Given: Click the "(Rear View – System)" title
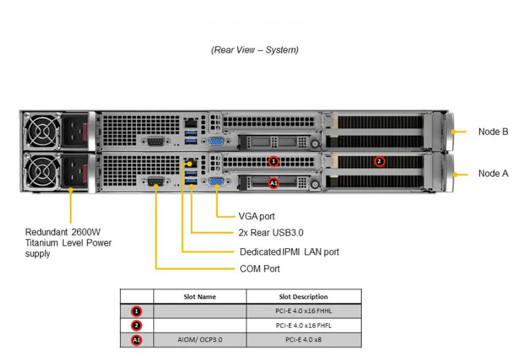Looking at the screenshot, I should [254, 50].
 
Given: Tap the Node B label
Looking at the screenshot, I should [493, 131].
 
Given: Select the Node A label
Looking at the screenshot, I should [493, 174].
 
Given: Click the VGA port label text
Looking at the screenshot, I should [257, 216].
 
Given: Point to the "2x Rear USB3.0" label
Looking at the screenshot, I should [271, 233].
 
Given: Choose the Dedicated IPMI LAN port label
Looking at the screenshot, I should [289, 252].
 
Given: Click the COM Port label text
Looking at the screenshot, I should [260, 269].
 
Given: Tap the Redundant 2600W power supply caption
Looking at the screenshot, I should [68, 242].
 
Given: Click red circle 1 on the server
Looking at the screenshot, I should [274, 161].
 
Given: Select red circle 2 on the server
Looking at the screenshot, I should [379, 161].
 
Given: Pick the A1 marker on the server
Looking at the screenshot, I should [274, 183].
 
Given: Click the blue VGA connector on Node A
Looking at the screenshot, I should [216, 184].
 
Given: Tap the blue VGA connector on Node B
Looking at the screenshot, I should [216, 142].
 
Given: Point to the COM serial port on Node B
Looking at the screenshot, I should [156, 141].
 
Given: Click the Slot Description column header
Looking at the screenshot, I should [303, 297].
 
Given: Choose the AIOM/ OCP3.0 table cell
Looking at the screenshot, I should [199, 340].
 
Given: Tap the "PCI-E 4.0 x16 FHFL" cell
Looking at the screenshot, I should [303, 325].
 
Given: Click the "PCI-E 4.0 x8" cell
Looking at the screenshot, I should [303, 340].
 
